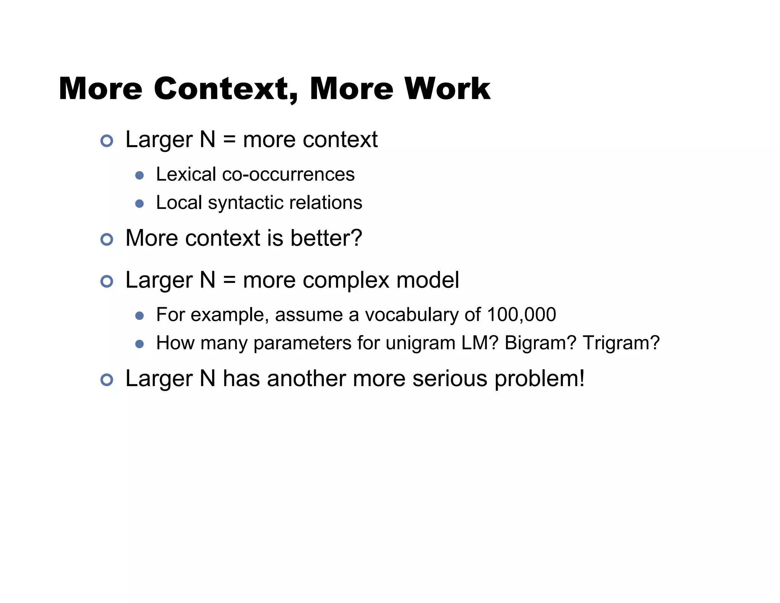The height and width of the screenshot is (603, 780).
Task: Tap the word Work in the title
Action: coord(447,89)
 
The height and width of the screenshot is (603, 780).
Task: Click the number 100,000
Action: coord(521,315)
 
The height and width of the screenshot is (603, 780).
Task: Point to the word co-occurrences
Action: coord(288,175)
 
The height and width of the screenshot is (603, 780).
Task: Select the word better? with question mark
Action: coord(326,238)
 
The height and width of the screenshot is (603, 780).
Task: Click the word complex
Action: coord(346,281)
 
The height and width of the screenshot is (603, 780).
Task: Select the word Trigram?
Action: coord(621,343)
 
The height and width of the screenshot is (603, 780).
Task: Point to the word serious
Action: coord(450,379)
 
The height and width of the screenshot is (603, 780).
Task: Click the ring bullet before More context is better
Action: coord(107,240)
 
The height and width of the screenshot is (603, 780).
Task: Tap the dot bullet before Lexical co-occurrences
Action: coord(139,175)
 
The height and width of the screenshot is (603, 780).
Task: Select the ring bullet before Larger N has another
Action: coord(107,380)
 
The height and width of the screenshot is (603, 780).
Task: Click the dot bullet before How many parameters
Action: coord(139,344)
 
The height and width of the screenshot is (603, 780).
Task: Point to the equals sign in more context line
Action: coord(229,140)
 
